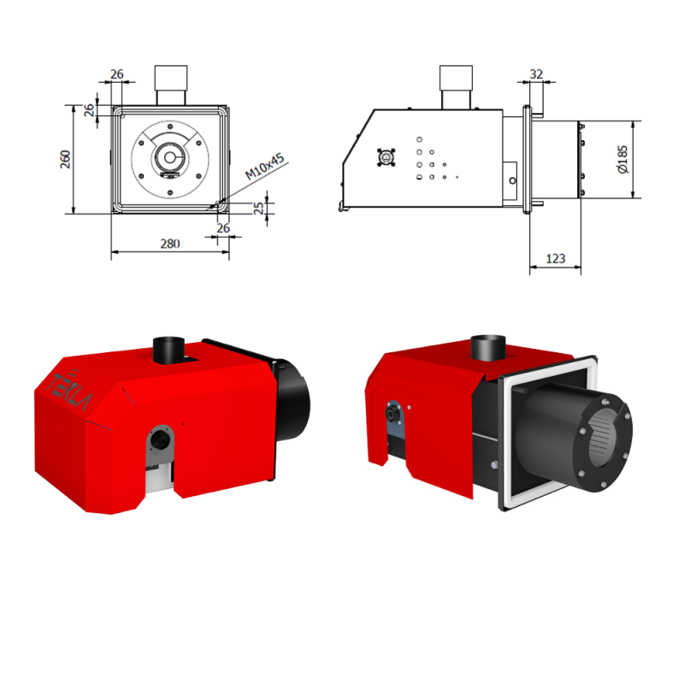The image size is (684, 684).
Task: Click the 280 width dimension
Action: click(x=170, y=244)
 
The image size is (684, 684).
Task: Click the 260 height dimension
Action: click(x=65, y=159)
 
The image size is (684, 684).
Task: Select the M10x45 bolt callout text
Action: click(x=264, y=166)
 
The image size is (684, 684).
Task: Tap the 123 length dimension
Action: click(x=555, y=259)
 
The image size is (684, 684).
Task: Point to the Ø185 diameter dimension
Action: click(x=623, y=159)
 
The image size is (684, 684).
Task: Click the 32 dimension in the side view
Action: click(x=536, y=74)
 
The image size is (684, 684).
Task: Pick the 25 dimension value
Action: click(x=259, y=208)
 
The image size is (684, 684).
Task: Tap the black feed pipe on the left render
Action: click(x=168, y=350)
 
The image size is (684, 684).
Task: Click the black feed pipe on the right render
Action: click(x=488, y=348)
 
